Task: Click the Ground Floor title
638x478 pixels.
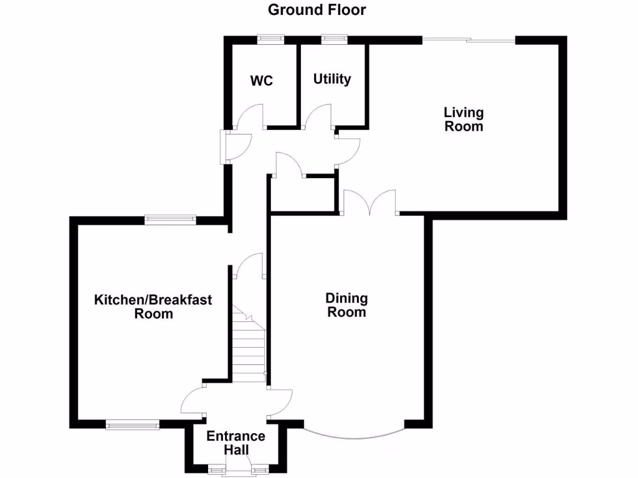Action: click(x=317, y=10)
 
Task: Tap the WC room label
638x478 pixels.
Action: click(x=262, y=81)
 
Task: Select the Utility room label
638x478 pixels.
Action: click(x=332, y=79)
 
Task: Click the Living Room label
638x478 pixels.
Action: click(x=464, y=119)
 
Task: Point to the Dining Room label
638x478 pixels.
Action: click(x=347, y=306)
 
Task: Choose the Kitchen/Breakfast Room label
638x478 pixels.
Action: click(x=153, y=307)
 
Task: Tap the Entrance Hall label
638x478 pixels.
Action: click(x=236, y=443)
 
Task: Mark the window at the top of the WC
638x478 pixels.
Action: click(x=270, y=38)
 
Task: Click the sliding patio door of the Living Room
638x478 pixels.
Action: click(x=469, y=40)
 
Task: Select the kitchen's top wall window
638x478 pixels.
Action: click(x=170, y=218)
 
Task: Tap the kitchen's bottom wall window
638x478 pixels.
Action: click(x=132, y=425)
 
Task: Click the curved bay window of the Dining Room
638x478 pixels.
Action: click(x=354, y=433)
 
